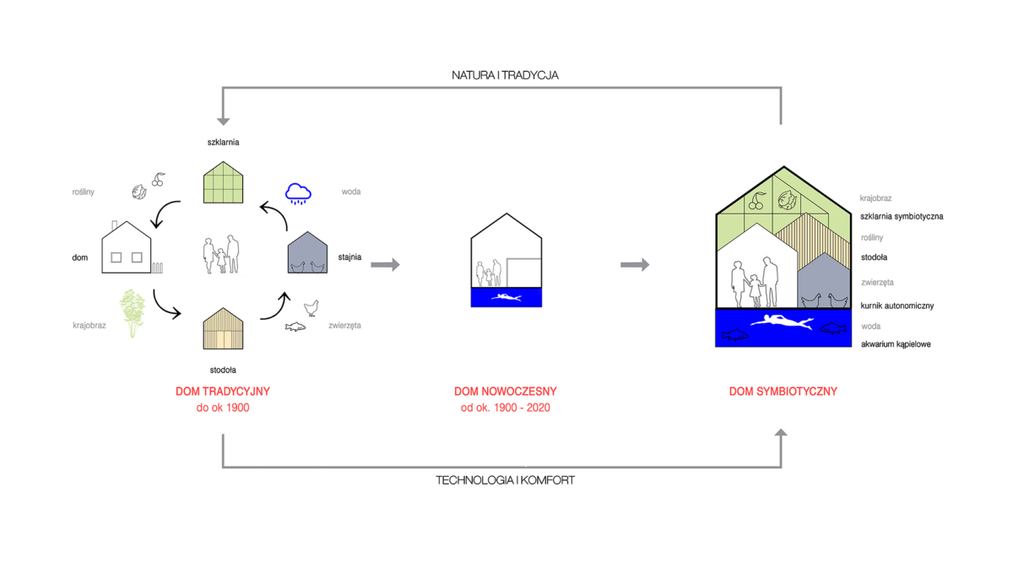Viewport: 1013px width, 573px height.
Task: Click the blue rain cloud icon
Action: pos(298,193)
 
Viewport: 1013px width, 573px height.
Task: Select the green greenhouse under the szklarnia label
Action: pos(223,182)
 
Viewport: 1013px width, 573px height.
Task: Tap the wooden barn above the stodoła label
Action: pos(223,329)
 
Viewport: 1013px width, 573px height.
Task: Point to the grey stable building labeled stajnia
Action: pos(307,252)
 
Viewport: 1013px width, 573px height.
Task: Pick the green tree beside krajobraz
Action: pos(132,313)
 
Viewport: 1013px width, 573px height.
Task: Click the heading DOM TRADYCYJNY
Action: pos(223,392)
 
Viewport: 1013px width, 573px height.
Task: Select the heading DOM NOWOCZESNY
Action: pos(506,392)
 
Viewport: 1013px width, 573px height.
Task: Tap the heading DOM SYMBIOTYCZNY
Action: pos(783,392)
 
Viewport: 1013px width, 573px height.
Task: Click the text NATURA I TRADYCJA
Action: pos(505,75)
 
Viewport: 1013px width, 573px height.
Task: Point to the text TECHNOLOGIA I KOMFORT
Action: pos(505,480)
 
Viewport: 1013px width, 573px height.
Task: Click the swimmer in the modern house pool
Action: pos(506,297)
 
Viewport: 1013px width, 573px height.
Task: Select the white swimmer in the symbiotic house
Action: pos(782,322)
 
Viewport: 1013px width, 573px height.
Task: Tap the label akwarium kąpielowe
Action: pos(896,344)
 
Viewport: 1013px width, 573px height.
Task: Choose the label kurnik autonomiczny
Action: pos(897,305)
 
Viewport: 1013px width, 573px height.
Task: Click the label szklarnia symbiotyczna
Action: pos(902,216)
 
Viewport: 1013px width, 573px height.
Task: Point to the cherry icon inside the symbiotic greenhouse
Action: pos(756,201)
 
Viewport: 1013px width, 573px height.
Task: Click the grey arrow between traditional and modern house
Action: pos(385,265)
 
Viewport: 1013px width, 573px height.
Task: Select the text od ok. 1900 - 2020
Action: pos(506,408)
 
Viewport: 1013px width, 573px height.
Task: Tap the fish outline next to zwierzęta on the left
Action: pos(295,327)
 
